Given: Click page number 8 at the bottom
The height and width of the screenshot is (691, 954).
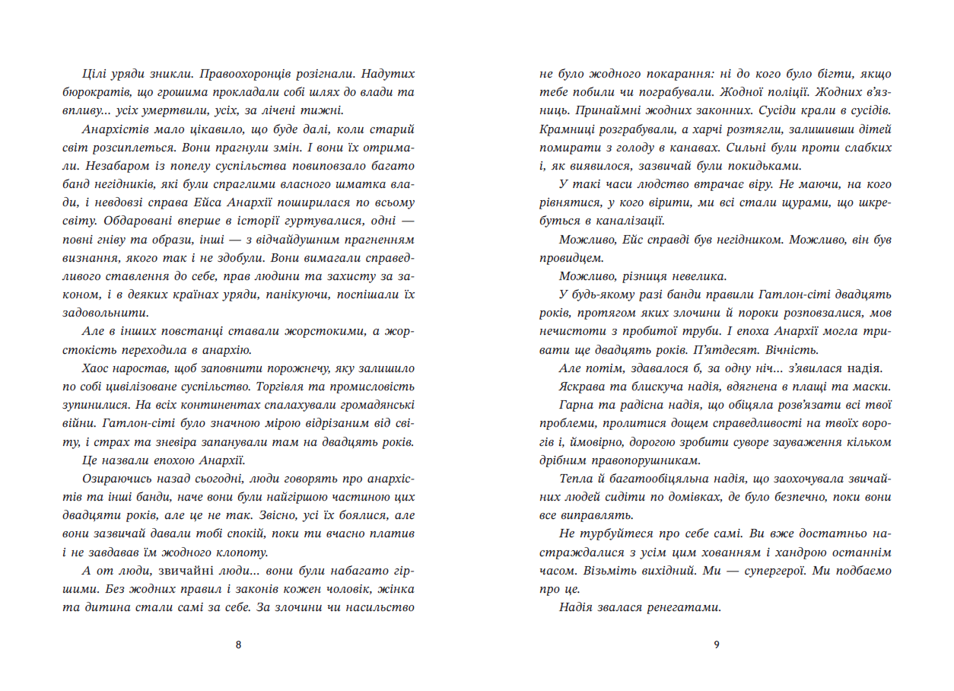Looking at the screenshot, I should pos(239,645).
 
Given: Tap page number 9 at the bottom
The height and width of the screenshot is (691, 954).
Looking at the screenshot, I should pos(716,645).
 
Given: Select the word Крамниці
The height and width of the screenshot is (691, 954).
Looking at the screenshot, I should pos(566,129).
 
